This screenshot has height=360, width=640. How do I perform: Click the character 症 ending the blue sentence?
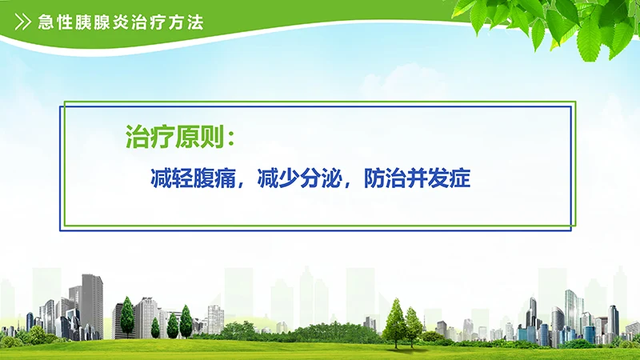(x=459, y=177)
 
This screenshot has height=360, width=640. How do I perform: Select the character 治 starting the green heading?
(x=138, y=136)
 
